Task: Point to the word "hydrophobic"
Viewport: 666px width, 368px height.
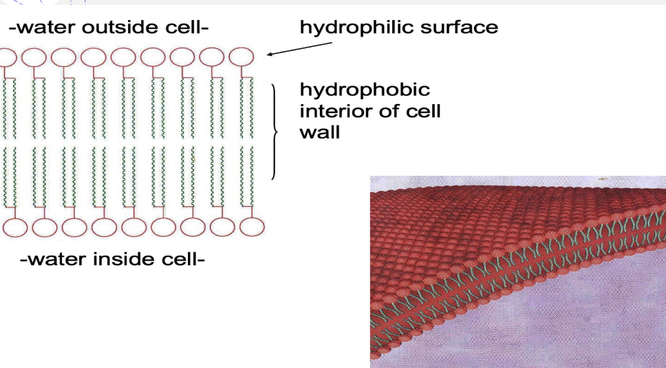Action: [x=365, y=90]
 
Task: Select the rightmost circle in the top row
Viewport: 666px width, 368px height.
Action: [x=241, y=57]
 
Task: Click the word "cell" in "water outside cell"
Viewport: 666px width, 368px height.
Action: [x=185, y=28]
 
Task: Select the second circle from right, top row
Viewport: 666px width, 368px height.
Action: [x=212, y=57]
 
